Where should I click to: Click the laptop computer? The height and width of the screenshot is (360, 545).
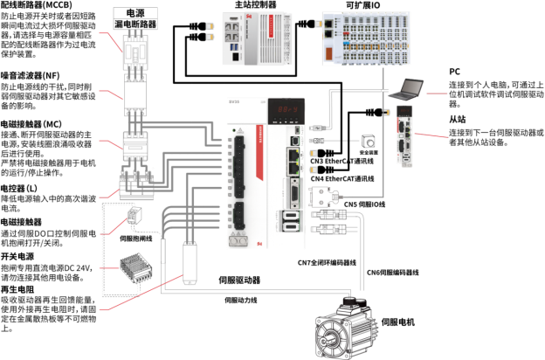pyautogui.click(x=407, y=88)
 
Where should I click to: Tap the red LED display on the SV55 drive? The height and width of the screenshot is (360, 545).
pyautogui.click(x=286, y=108)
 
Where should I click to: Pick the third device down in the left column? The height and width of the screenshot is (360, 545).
pyautogui.click(x=136, y=144)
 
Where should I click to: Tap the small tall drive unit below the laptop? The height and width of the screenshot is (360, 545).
pyautogui.click(x=404, y=135)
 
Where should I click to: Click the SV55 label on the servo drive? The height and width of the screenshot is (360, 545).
pyautogui.click(x=234, y=102)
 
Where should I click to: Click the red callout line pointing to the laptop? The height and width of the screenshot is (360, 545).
pyautogui.click(x=435, y=93)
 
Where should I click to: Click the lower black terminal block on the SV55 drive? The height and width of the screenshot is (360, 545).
pyautogui.click(x=237, y=218)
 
